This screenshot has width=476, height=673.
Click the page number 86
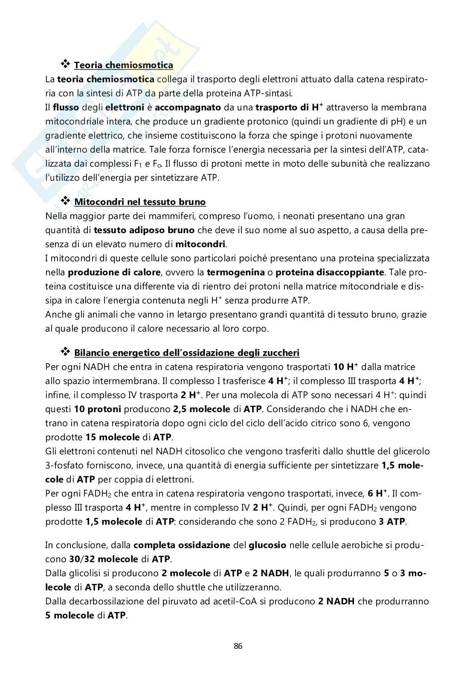(238, 646)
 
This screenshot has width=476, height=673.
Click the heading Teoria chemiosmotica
(123, 65)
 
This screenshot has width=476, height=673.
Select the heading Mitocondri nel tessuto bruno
(140, 202)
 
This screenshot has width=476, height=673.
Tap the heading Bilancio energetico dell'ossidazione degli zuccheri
(187, 352)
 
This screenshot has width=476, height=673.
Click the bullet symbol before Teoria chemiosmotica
(65, 65)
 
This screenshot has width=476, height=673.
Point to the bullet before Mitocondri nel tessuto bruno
(65, 201)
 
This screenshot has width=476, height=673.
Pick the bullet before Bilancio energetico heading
(65, 352)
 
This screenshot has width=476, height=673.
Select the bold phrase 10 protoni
(98, 409)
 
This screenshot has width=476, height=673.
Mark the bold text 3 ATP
(392, 521)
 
